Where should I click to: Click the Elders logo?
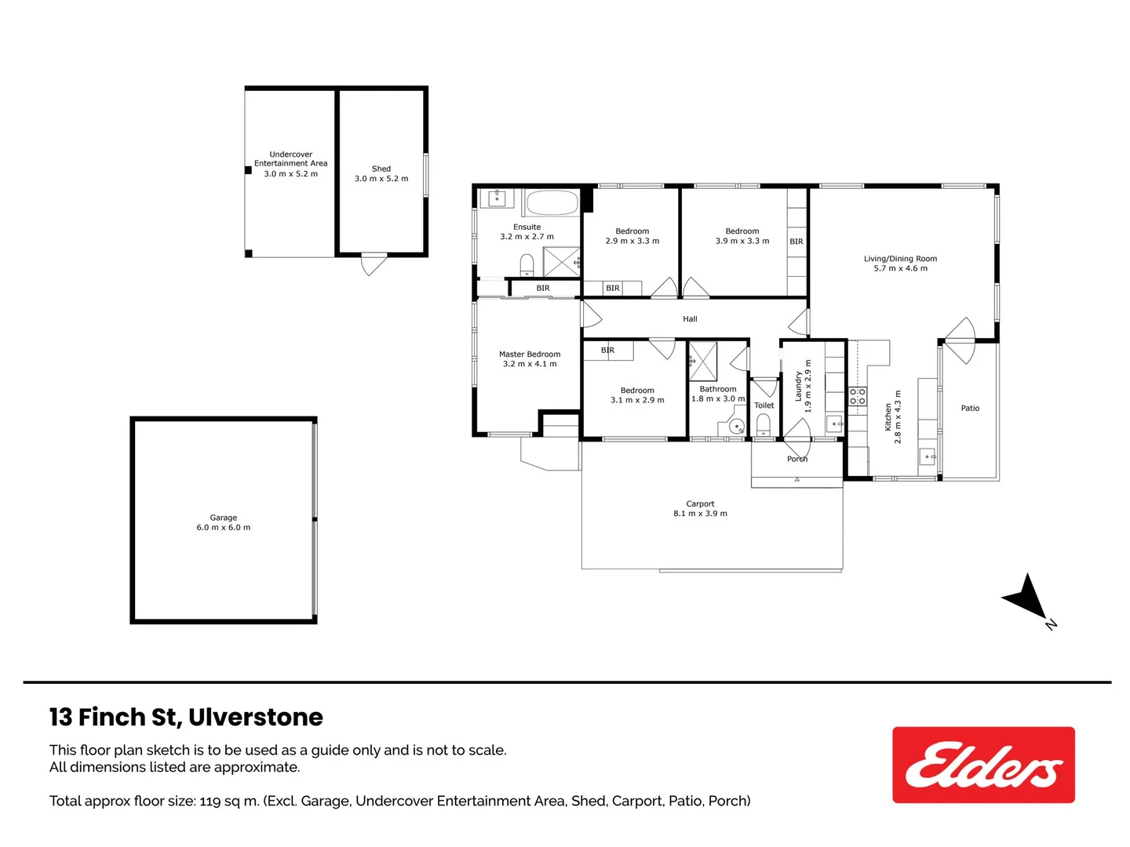click(982, 765)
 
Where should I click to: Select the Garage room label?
click(223, 518)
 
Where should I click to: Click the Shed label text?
click(381, 169)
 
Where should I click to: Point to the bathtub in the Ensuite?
click(552, 202)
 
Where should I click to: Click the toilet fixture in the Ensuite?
click(527, 265)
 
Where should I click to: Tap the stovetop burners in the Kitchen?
click(857, 397)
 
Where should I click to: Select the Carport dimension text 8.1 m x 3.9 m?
click(700, 513)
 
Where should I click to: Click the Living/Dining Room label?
click(900, 259)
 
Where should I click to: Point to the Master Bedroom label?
click(529, 354)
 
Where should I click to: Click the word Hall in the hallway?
click(690, 319)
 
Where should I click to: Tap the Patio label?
click(970, 409)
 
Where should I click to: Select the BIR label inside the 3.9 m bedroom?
click(796, 242)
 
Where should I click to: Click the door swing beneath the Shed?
click(374, 264)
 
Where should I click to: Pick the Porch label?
click(797, 459)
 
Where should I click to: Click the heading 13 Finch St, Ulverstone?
click(186, 717)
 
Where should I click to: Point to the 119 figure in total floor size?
click(209, 801)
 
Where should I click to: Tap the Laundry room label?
click(798, 386)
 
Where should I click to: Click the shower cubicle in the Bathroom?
click(702, 361)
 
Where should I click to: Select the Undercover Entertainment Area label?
click(291, 159)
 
